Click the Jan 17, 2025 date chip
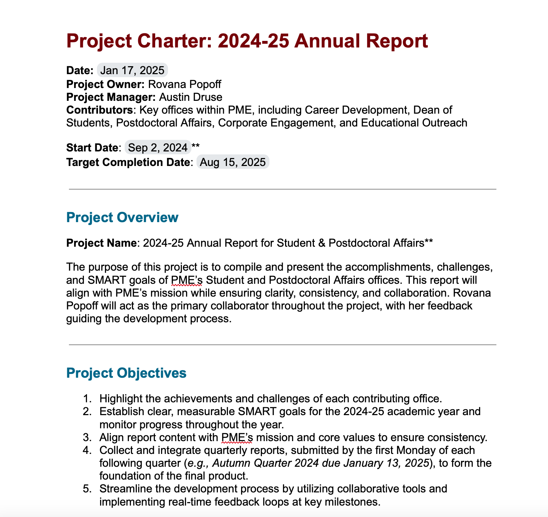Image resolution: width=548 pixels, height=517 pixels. tap(132, 70)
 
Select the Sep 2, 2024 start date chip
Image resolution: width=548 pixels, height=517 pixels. tap(158, 148)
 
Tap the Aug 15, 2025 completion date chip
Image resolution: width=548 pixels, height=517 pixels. tap(232, 162)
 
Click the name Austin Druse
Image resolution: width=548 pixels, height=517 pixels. tap(191, 97)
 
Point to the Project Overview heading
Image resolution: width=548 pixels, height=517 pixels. tap(122, 218)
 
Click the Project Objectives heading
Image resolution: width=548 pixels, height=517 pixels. tap(126, 373)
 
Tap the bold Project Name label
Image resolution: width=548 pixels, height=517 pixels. tap(101, 243)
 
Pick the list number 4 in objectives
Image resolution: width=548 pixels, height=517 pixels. tap(87, 450)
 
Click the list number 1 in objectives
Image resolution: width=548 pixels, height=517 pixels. tap(87, 399)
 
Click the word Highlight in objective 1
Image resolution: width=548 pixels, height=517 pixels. tap(121, 399)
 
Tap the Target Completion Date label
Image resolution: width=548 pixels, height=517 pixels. tap(128, 162)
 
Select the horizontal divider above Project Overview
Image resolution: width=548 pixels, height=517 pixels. tap(283, 189)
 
